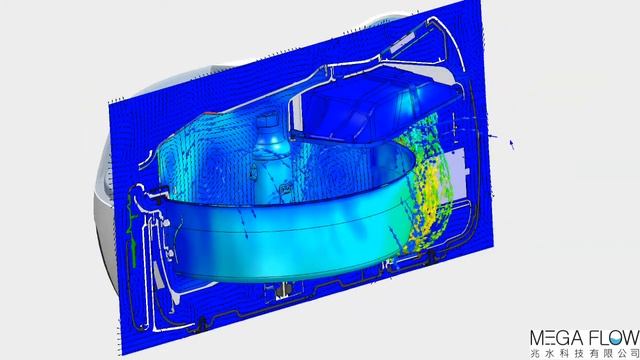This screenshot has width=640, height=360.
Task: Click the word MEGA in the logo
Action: point(556,338)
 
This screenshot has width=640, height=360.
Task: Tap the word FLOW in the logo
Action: point(613,338)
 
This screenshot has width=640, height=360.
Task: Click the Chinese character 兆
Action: point(535,353)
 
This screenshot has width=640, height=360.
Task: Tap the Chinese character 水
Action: point(551,353)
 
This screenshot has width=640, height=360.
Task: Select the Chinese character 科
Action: point(567,353)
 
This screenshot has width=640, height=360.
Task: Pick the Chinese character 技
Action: point(583,353)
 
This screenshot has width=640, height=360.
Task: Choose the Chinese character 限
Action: point(615,353)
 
